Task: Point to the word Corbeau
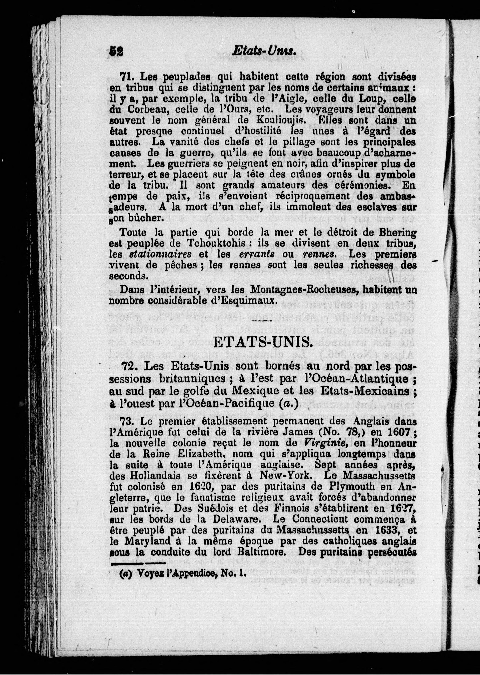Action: [x=145, y=109]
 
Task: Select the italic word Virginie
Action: [x=320, y=443]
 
